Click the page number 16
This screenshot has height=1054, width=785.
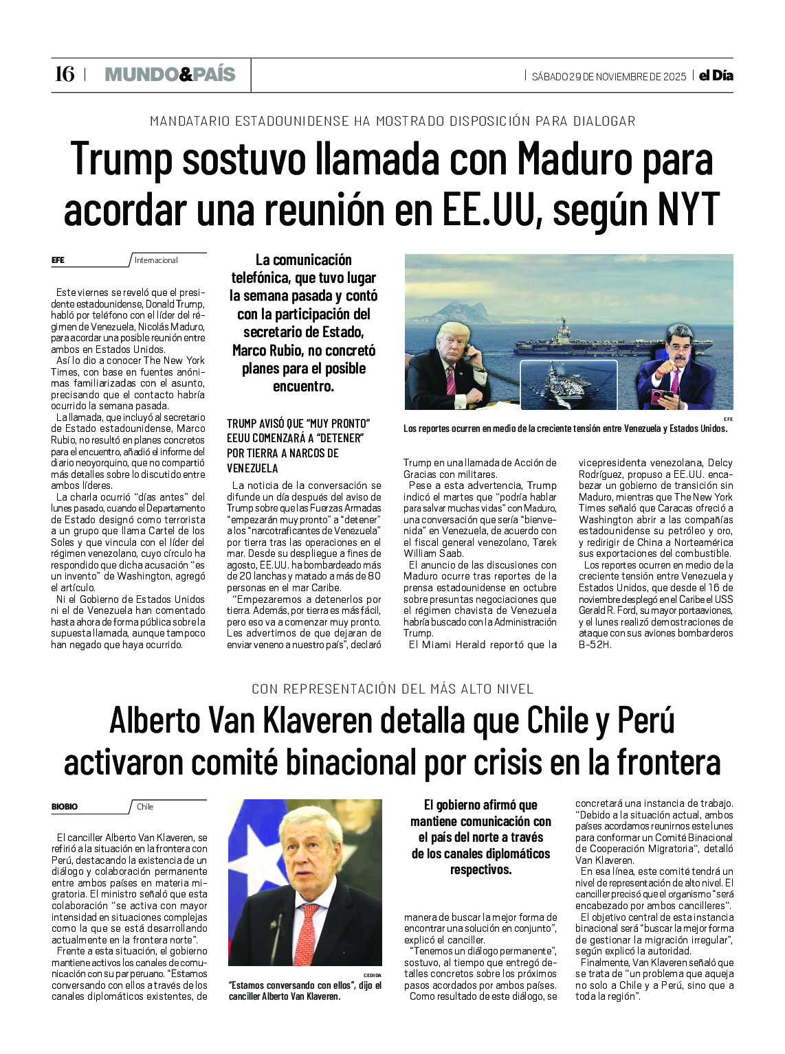(64, 74)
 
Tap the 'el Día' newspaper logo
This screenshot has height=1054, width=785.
(716, 76)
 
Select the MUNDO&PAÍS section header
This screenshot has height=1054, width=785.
(170, 75)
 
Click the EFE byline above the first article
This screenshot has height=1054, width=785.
(58, 260)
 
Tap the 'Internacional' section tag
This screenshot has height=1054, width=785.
(156, 260)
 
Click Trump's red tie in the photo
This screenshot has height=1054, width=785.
(451, 380)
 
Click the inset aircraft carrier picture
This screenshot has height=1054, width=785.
(568, 385)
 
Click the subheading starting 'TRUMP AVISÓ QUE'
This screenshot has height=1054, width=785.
(298, 446)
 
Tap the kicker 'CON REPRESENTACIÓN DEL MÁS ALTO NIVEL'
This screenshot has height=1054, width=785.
(392, 689)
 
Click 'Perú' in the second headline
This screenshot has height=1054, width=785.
(645, 720)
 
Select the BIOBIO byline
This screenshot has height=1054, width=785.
(65, 807)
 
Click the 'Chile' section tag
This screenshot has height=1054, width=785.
(145, 807)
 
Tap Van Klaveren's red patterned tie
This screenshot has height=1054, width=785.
(307, 927)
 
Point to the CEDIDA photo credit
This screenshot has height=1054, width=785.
(372, 974)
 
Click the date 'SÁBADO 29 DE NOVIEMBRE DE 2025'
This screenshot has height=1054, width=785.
(608, 76)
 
